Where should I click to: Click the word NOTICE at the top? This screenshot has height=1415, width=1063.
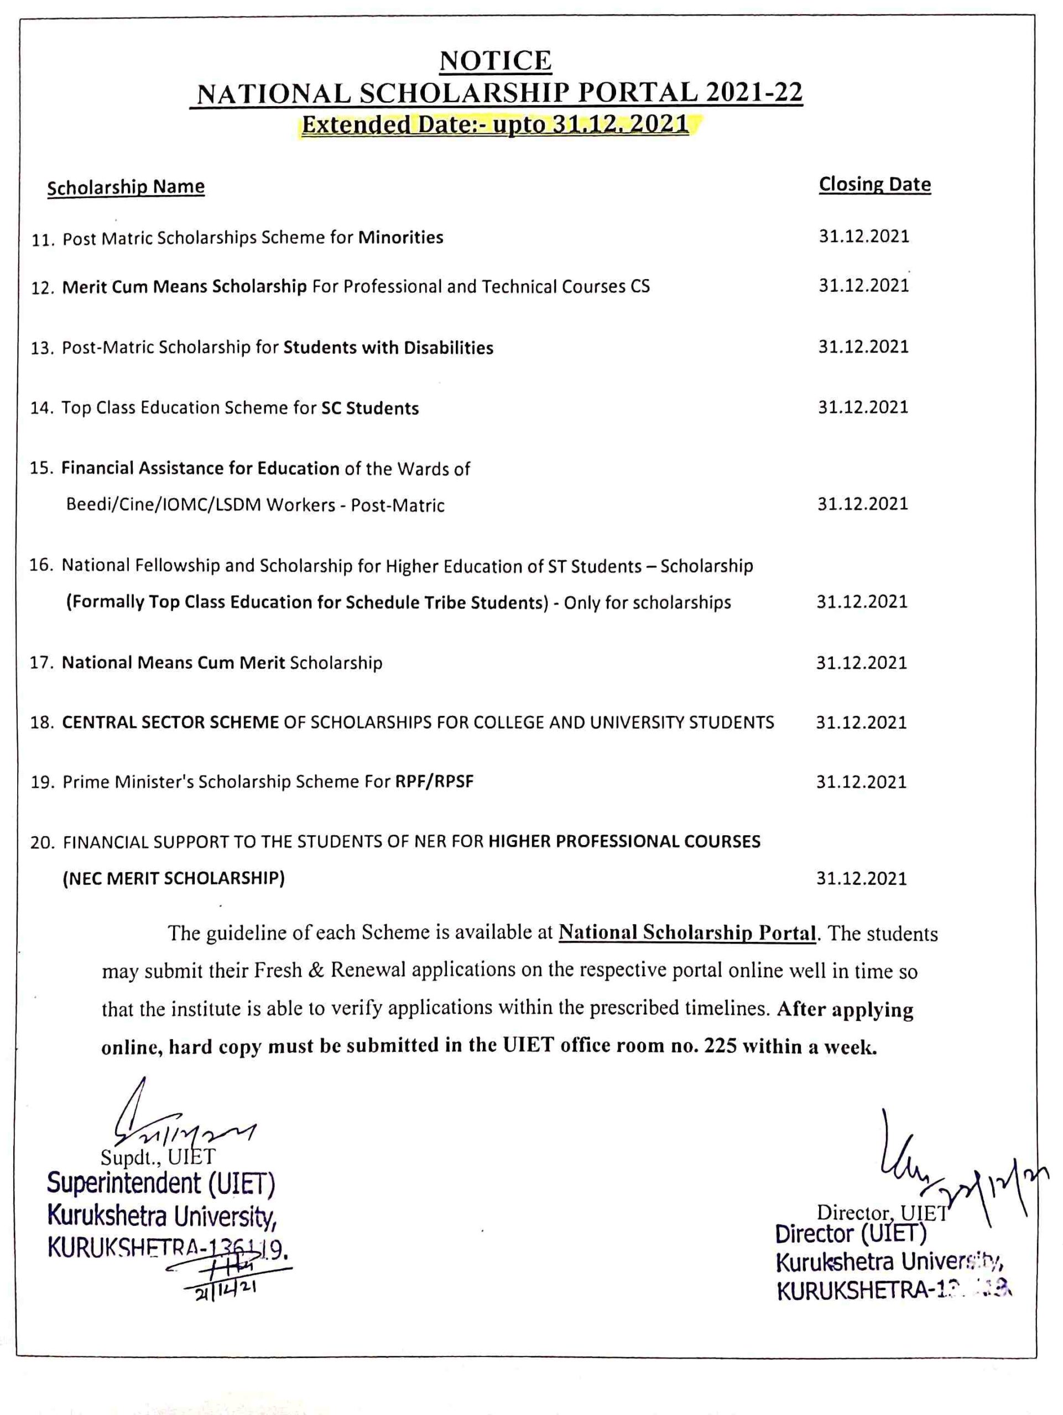point(494,61)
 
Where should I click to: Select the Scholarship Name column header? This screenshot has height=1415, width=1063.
point(126,187)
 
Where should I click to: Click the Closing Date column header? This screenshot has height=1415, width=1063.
point(874,184)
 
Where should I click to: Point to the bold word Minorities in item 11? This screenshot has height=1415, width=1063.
point(400,237)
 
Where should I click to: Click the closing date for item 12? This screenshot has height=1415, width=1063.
point(863,285)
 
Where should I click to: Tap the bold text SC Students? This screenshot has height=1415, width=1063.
point(370,408)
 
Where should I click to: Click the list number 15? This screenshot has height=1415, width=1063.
point(41,468)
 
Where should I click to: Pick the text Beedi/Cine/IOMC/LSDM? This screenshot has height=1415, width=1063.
point(165,505)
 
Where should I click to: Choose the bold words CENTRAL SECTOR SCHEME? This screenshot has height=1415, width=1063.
point(170,722)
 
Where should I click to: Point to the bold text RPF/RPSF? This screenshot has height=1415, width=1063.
point(435,782)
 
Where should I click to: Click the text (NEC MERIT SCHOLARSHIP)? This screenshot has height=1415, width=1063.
point(174,878)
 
